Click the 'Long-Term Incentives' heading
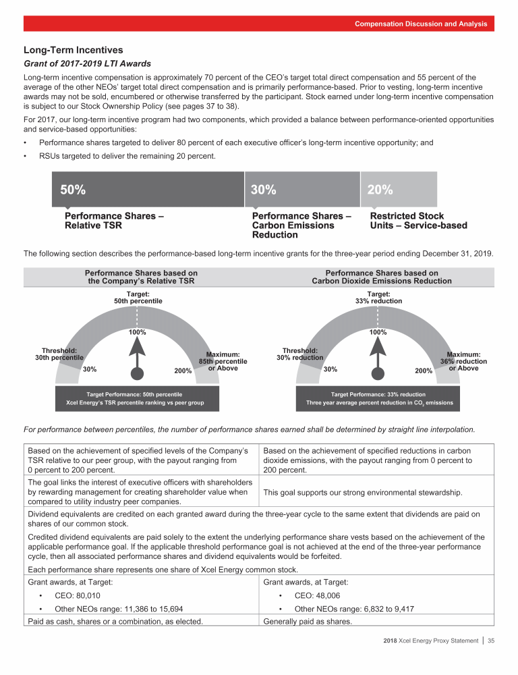coord(73,49)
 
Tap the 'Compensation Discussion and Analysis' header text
coord(421,24)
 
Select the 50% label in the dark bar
coord(73,190)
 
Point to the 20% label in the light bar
coord(380,190)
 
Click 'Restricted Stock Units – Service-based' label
coord(418,221)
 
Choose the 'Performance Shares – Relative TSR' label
coord(115,221)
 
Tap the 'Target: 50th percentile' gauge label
coord(138,296)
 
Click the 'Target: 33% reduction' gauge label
coord(378,296)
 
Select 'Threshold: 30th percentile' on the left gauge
coord(59,354)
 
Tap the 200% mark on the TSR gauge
coord(183,371)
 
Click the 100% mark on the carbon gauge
coord(378,332)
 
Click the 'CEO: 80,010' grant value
coord(78,596)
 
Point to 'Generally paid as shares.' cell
coord(308,622)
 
